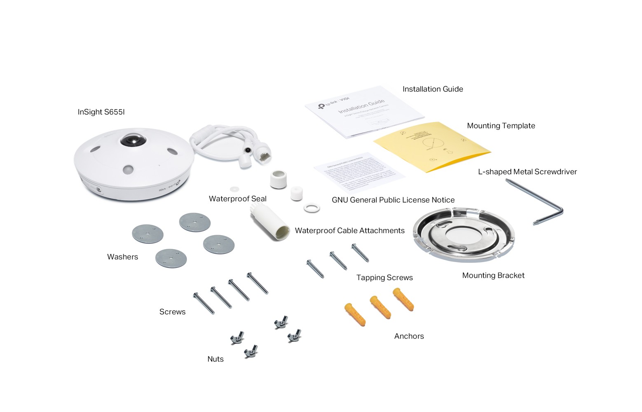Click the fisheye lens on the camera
click(133, 140)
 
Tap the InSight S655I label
click(101, 112)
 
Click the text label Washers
click(122, 257)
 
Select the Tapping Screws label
click(384, 278)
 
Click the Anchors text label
click(409, 336)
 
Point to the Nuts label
click(215, 359)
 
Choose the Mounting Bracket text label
click(493, 276)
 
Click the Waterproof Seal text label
click(237, 199)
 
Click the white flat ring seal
click(312, 207)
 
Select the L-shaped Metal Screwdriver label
click(527, 172)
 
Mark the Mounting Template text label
click(501, 126)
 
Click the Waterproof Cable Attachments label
click(349, 231)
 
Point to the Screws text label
click(172, 312)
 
